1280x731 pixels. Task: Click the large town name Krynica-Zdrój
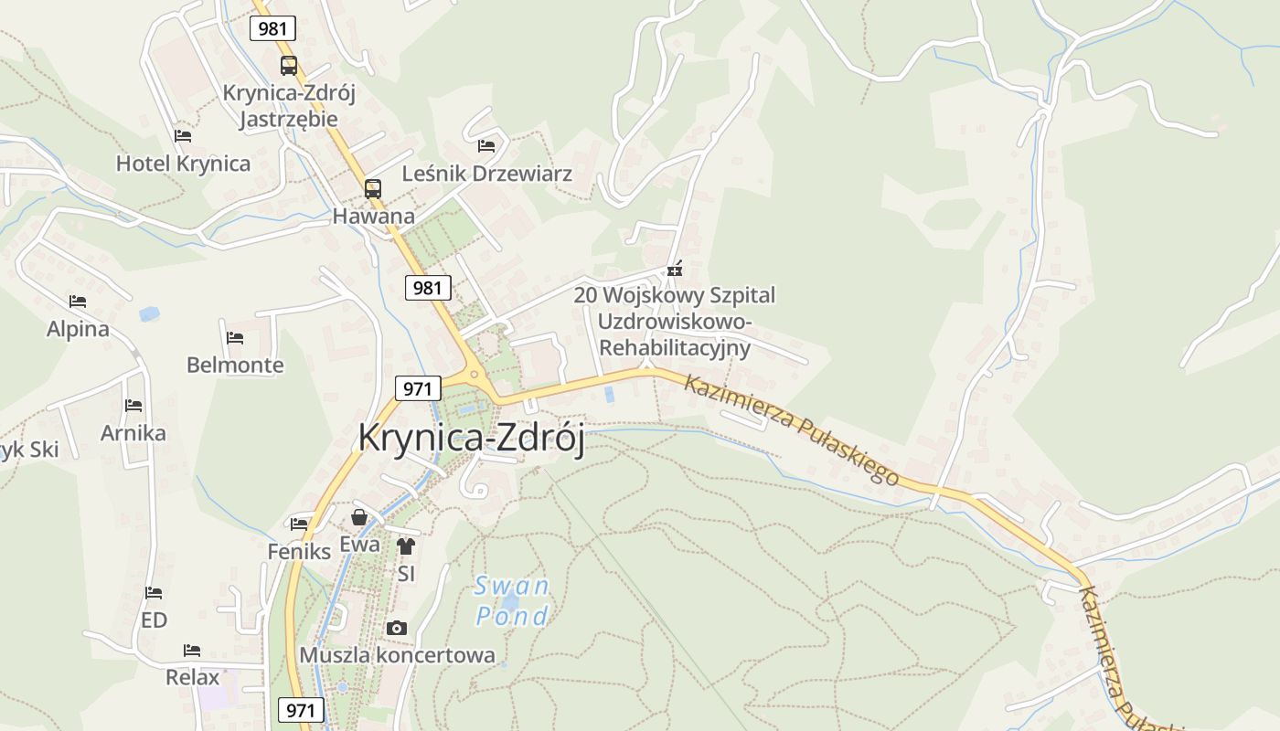[x=471, y=438]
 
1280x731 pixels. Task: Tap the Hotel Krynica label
[x=183, y=164]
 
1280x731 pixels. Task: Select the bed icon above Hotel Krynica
[x=183, y=136]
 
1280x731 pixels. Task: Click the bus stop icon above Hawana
[x=373, y=189]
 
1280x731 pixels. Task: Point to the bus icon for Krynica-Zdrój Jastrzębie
[x=289, y=65]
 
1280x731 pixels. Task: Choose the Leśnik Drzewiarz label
[x=487, y=174]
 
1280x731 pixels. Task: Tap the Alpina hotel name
[x=78, y=329]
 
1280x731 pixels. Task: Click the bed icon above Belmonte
[x=235, y=338]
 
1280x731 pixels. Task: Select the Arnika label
[x=133, y=432]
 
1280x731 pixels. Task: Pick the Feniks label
[x=299, y=551]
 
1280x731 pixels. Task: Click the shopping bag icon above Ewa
[x=359, y=517]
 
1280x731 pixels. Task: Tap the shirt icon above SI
[x=406, y=546]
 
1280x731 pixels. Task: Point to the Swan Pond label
[x=512, y=600]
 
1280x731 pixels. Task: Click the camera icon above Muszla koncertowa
[x=397, y=628]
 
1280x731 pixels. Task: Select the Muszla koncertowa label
[x=398, y=655]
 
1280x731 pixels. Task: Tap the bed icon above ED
[x=154, y=593]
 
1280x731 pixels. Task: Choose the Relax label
[x=193, y=677]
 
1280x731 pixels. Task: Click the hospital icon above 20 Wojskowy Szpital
[x=675, y=269]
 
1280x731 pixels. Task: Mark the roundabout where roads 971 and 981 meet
[x=474, y=375]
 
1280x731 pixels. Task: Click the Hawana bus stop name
[x=373, y=217]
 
